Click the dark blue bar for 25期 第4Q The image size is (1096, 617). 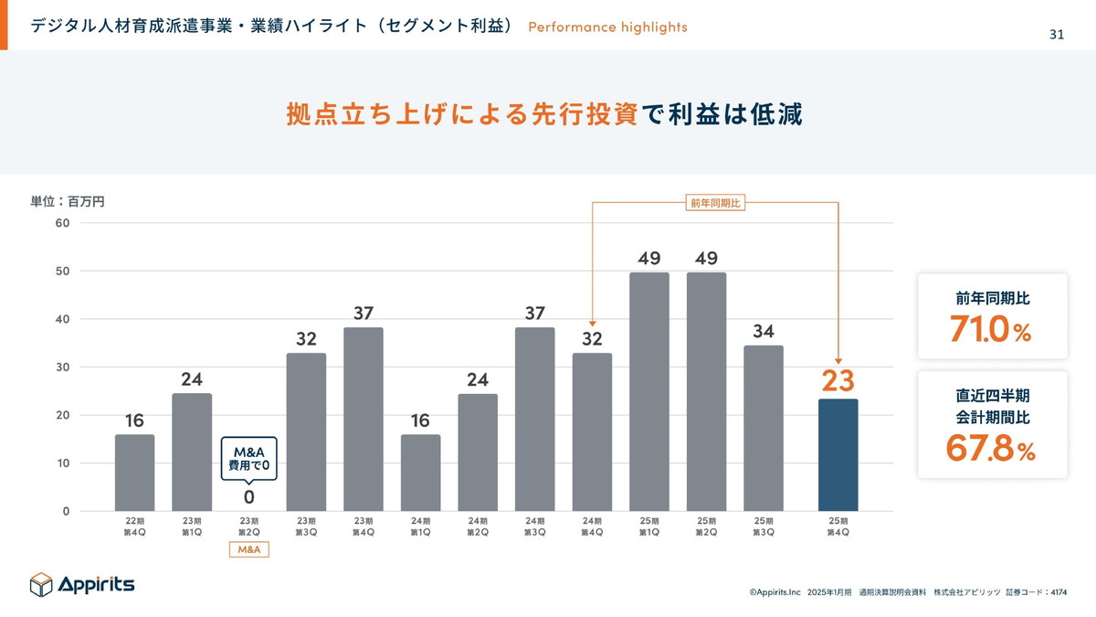838,454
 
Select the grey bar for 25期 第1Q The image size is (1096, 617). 649,391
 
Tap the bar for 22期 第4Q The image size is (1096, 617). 134,473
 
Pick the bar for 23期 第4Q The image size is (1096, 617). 364,419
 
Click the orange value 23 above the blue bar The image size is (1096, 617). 838,379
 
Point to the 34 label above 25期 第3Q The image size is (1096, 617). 764,330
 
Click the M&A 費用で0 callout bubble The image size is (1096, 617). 248,459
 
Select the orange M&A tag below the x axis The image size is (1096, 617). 249,549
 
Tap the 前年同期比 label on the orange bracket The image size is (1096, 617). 715,203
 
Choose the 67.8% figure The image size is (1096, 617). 991,450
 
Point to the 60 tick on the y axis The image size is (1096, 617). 63,223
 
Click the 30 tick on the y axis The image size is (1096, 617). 63,367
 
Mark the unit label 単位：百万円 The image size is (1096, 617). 68,201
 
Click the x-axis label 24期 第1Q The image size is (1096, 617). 420,527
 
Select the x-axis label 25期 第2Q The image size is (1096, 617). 706,527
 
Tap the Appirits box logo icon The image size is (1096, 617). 42,584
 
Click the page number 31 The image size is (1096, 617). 1056,35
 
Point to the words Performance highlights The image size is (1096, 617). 607,27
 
